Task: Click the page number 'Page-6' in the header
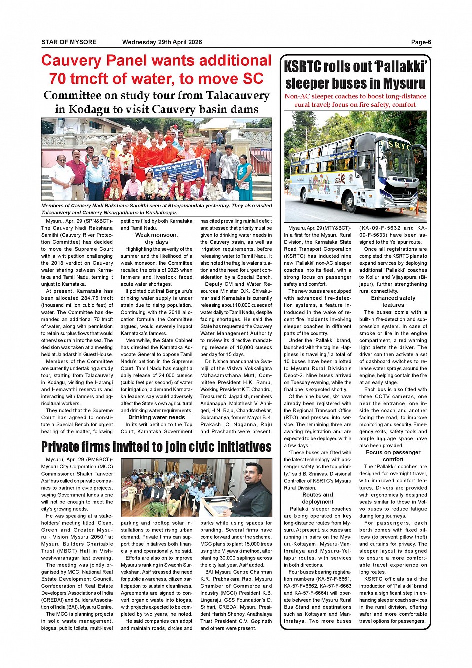(421, 42)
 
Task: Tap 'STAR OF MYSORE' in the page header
(69, 42)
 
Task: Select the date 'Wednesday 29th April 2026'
(162, 42)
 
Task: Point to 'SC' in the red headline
(253, 79)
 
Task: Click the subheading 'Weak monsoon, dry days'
(156, 238)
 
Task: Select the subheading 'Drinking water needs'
(156, 417)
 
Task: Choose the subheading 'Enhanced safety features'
(393, 301)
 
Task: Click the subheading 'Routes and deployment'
(317, 498)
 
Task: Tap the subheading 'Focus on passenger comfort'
(393, 456)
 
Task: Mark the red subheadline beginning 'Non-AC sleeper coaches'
(355, 100)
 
